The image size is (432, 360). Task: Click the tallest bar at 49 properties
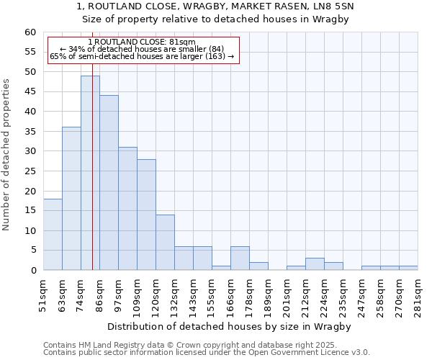pos(90,173)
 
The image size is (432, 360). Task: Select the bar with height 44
pos(109,183)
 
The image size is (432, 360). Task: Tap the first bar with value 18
pos(53,235)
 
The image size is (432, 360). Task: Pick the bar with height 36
pos(71,199)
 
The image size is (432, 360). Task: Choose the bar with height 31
pos(127,209)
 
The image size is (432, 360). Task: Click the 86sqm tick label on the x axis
pos(100,294)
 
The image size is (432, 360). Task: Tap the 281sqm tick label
pos(418,294)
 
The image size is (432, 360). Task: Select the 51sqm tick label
pos(44,294)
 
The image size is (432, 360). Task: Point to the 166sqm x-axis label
pos(231,294)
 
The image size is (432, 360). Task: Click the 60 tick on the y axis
pos(30,32)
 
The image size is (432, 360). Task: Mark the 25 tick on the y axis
pos(30,171)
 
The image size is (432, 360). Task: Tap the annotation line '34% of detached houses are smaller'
pos(142,49)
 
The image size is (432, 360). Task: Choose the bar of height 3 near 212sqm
pos(315,264)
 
